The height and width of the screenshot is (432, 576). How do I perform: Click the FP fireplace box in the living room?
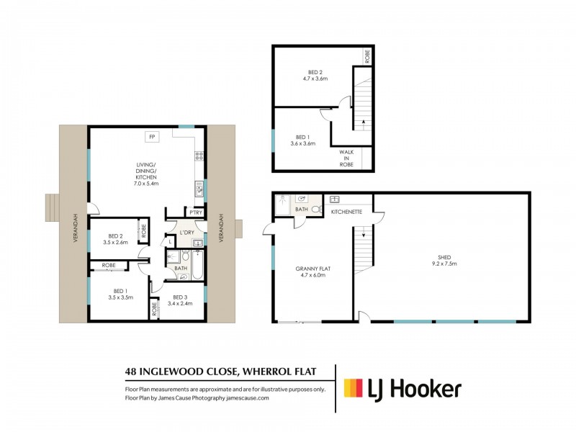click(x=151, y=136)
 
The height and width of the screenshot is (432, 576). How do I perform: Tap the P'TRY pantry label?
click(x=194, y=212)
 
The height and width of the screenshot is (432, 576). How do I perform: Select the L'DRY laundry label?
click(x=187, y=232)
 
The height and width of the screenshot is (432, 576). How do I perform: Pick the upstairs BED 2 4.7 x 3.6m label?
click(x=315, y=76)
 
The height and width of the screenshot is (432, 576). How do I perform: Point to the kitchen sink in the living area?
click(x=198, y=189)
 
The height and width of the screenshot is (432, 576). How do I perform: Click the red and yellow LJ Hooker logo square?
click(x=352, y=389)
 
